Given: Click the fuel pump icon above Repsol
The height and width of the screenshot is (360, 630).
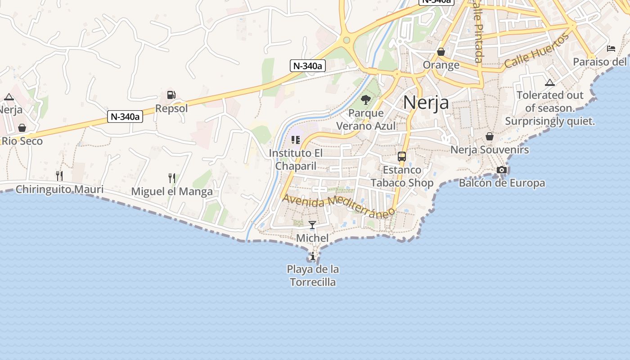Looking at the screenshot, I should point(171,94).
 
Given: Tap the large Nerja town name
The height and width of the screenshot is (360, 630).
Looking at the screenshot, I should point(426,103).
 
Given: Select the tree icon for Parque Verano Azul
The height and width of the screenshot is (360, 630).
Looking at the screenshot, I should point(366,99).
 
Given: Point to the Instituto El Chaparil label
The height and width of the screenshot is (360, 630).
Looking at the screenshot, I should point(296,160).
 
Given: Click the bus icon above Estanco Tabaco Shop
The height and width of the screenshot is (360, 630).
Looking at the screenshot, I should point(402,157).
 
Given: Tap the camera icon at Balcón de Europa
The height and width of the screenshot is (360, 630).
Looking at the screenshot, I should point(502,170).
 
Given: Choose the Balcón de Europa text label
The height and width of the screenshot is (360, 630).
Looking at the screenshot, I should point(502,183).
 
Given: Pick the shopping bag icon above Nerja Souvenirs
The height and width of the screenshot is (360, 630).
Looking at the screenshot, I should point(490,136).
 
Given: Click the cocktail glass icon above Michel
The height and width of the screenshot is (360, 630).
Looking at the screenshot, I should point(312,225).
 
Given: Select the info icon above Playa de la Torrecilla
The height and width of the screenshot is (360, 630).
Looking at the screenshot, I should point(313,256).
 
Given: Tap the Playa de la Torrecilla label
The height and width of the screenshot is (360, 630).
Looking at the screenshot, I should point(313,276).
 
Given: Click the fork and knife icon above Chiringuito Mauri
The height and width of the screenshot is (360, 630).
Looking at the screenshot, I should point(59,175).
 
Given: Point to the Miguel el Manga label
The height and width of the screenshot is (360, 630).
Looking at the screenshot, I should point(172,192).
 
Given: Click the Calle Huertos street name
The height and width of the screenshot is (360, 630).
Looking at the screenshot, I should point(536,51).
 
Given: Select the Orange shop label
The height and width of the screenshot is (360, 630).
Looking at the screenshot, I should point(441,65).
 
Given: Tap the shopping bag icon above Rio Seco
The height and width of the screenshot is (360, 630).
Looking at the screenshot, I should point(22,128).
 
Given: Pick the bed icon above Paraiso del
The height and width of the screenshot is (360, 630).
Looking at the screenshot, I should point(611,49).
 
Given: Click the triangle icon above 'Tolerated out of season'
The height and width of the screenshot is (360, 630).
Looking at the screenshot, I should point(549,82).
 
